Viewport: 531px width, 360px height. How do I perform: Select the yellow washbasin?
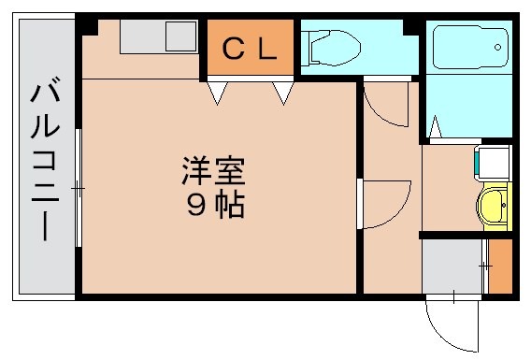[493, 205]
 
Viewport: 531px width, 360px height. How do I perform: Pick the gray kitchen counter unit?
[153, 36]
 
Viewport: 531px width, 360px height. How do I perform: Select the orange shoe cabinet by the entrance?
[501, 266]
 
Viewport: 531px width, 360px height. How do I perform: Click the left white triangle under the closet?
[218, 92]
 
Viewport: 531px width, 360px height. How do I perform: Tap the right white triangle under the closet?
[283, 92]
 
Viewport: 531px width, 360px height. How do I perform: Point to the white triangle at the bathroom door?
[435, 125]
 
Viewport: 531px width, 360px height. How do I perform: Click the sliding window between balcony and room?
[79, 188]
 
